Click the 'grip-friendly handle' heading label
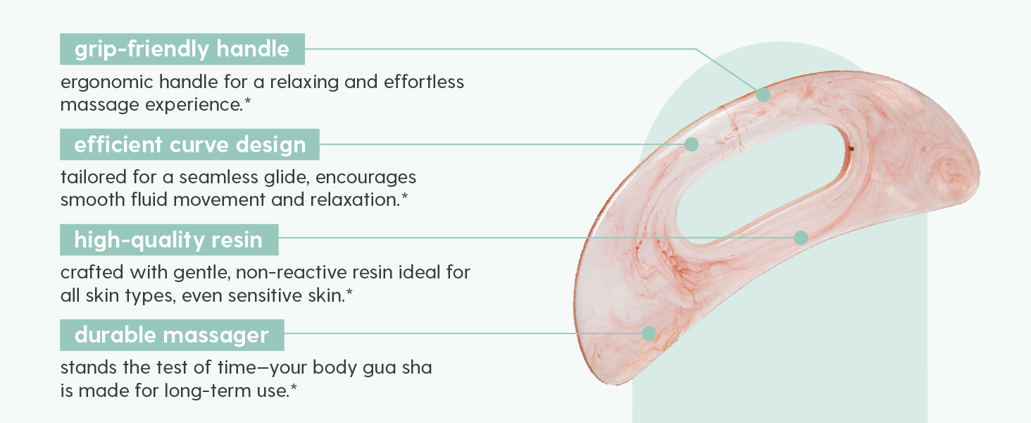coord(182,49)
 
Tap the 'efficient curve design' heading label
coord(189,145)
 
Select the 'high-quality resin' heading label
coord(169,240)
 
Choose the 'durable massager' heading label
coord(172,335)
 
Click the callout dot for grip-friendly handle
coord(763,95)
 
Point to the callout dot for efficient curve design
coord(692,145)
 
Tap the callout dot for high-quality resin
coord(801,238)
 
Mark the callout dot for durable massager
coord(649,333)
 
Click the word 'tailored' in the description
coord(94,177)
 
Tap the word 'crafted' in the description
coord(92,272)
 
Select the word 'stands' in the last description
coord(89,368)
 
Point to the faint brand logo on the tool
coord(746,128)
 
